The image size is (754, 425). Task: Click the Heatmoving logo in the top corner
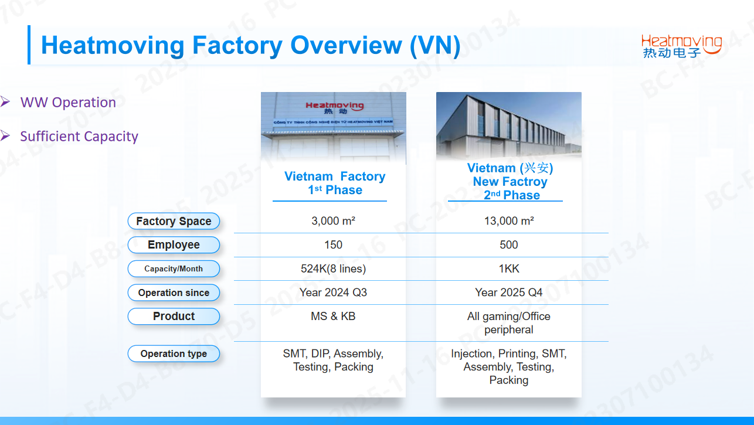(681, 46)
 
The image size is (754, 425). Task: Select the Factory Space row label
(174, 221)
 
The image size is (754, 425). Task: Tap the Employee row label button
(174, 245)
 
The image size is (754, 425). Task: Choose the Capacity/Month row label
(174, 269)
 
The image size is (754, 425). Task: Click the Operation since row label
(174, 293)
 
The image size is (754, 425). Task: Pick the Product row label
(174, 316)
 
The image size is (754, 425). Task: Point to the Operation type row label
(174, 353)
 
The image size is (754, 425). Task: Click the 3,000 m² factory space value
(333, 221)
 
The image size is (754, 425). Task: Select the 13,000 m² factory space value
(508, 221)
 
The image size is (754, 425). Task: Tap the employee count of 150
(333, 245)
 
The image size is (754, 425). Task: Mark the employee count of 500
(508, 245)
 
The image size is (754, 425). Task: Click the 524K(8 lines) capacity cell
(333, 269)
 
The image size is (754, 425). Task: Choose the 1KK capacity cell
(508, 269)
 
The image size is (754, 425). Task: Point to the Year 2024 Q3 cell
(333, 293)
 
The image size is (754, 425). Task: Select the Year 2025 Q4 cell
(508, 293)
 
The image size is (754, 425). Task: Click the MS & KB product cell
(333, 316)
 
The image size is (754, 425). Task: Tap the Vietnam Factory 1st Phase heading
(334, 183)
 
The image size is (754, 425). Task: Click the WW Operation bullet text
(68, 103)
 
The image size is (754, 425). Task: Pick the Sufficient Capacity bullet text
(79, 137)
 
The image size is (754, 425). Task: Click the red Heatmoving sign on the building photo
(334, 107)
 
